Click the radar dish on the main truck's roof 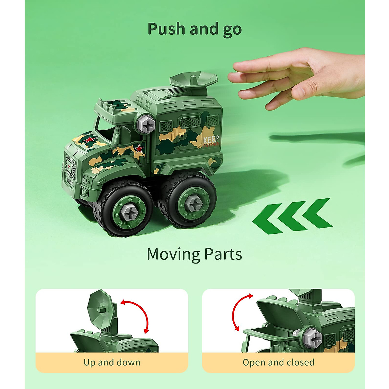194,80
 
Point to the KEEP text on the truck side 211,140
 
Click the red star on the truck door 139,148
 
